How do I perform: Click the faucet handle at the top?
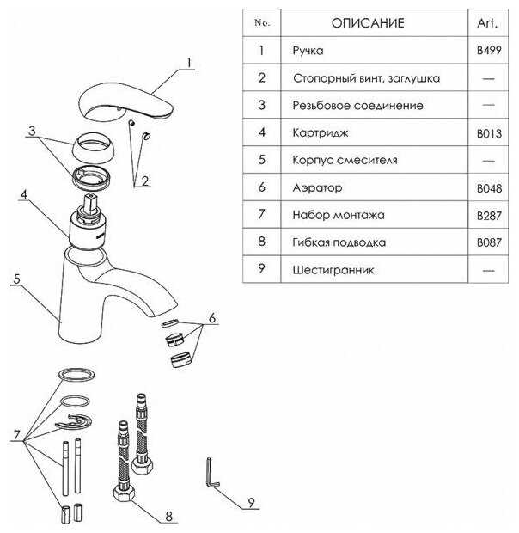pyautogui.click(x=125, y=101)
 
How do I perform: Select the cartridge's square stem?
pyautogui.click(x=90, y=203)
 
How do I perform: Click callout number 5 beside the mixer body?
pyautogui.click(x=16, y=279)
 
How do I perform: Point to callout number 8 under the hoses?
pyautogui.click(x=168, y=516)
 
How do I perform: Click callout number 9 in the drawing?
pyautogui.click(x=251, y=502)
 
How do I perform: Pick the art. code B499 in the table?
pyautogui.click(x=489, y=51)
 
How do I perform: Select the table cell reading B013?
pyautogui.click(x=489, y=133)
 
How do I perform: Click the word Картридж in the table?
pyautogui.click(x=321, y=132)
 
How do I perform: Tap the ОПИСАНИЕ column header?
pyautogui.click(x=368, y=23)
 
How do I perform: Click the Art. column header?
pyautogui.click(x=487, y=22)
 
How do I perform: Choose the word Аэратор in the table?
pyautogui.click(x=317, y=187)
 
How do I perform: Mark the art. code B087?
pyautogui.click(x=489, y=242)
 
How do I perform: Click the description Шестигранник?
pyautogui.click(x=333, y=270)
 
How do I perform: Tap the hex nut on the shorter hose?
pyautogui.click(x=124, y=493)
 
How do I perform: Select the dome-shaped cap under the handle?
pyautogui.click(x=93, y=148)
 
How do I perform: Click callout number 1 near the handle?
pyautogui.click(x=189, y=63)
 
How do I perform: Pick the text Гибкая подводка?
pyautogui.click(x=339, y=242)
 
